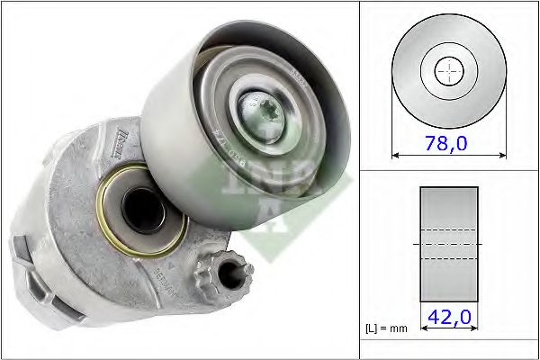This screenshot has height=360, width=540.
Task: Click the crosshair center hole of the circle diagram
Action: [448, 71]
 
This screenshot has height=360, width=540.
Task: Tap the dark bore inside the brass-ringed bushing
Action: [140, 212]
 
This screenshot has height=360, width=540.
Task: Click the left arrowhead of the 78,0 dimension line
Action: [395, 155]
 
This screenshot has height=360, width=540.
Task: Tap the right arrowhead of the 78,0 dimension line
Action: [502, 155]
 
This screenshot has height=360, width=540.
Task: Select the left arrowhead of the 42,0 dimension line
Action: [423, 329]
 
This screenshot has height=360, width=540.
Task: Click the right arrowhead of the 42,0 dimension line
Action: [475, 329]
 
